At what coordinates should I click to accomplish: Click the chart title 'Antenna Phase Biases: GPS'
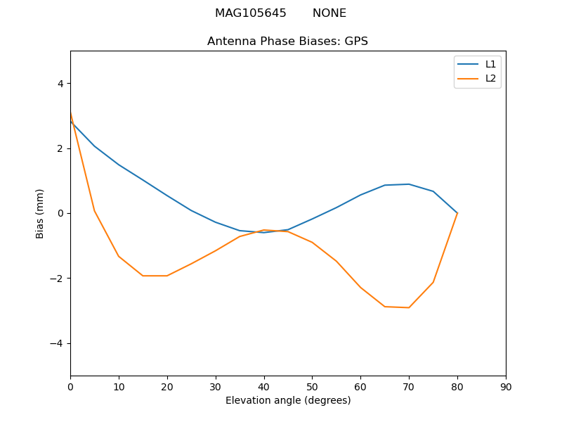[287, 41]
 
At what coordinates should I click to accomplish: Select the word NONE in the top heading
[329, 13]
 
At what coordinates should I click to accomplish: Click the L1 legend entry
[490, 64]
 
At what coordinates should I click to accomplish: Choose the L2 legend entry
[490, 78]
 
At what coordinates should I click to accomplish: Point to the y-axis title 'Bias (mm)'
[40, 213]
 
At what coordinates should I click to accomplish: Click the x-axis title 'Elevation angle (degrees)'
[287, 401]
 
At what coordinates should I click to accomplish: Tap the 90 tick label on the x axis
[506, 387]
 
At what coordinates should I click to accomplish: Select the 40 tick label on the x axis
[263, 387]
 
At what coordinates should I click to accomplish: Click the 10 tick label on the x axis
[119, 387]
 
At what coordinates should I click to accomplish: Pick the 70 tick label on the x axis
[409, 387]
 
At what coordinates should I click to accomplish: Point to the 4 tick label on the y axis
[60, 84]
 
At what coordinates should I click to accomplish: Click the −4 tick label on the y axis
[57, 343]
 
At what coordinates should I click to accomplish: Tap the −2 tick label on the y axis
[57, 279]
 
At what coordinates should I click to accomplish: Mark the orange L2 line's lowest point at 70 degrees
[409, 307]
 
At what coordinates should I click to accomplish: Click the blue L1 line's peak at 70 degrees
[409, 184]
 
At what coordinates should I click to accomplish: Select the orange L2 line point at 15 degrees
[143, 276]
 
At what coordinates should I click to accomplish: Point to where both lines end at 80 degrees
[457, 213]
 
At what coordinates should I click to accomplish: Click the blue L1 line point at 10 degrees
[119, 165]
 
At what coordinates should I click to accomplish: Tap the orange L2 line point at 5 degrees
[94, 211]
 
